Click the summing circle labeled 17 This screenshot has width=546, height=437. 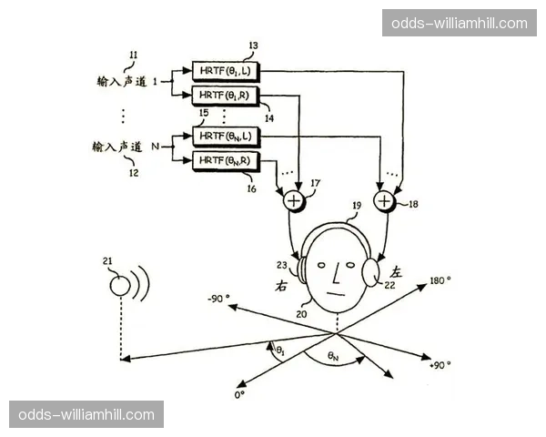(295, 199)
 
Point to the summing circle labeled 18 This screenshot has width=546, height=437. (385, 199)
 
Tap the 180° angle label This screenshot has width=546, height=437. (440, 280)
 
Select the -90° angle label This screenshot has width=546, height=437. (218, 300)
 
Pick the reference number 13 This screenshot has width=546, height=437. (252, 45)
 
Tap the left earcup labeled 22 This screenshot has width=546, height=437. (372, 270)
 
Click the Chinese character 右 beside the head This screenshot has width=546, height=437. (282, 284)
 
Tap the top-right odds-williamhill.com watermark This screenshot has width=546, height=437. (459, 23)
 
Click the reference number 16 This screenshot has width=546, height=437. (252, 189)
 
